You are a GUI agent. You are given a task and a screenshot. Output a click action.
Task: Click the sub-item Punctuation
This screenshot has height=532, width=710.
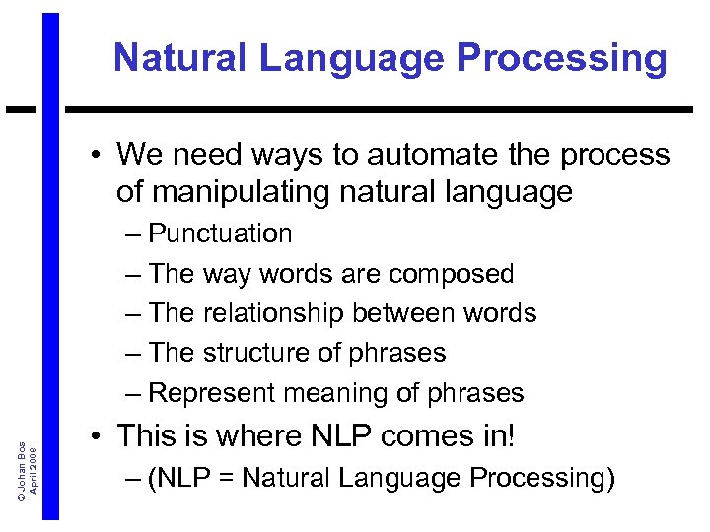coord(220,233)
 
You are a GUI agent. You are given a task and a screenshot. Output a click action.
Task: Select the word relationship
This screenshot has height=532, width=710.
coord(275,313)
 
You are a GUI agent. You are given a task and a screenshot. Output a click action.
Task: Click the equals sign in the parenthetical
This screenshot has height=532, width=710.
coord(228,480)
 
